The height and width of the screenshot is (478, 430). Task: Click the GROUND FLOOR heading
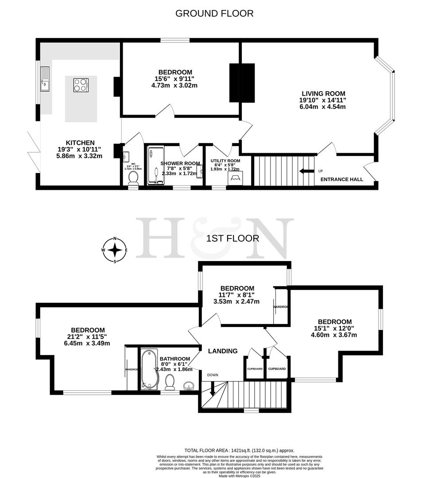214,13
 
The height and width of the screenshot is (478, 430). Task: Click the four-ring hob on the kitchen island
81,85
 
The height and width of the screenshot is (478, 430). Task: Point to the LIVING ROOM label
323,93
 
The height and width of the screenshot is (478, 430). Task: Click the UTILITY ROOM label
225,161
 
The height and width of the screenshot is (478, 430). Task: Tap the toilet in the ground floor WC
133,178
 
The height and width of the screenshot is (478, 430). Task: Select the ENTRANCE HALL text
342,179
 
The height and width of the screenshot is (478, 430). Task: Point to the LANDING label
223,351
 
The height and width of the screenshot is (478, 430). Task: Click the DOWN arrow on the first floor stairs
213,389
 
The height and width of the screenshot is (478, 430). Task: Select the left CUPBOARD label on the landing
255,369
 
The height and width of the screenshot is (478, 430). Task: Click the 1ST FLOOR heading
232,239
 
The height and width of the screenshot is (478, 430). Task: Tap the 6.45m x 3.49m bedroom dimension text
87,343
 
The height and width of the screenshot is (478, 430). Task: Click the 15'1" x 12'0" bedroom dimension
334,328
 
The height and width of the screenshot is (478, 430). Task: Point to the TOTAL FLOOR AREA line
239,450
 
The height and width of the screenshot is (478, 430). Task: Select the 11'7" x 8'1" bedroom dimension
237,295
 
